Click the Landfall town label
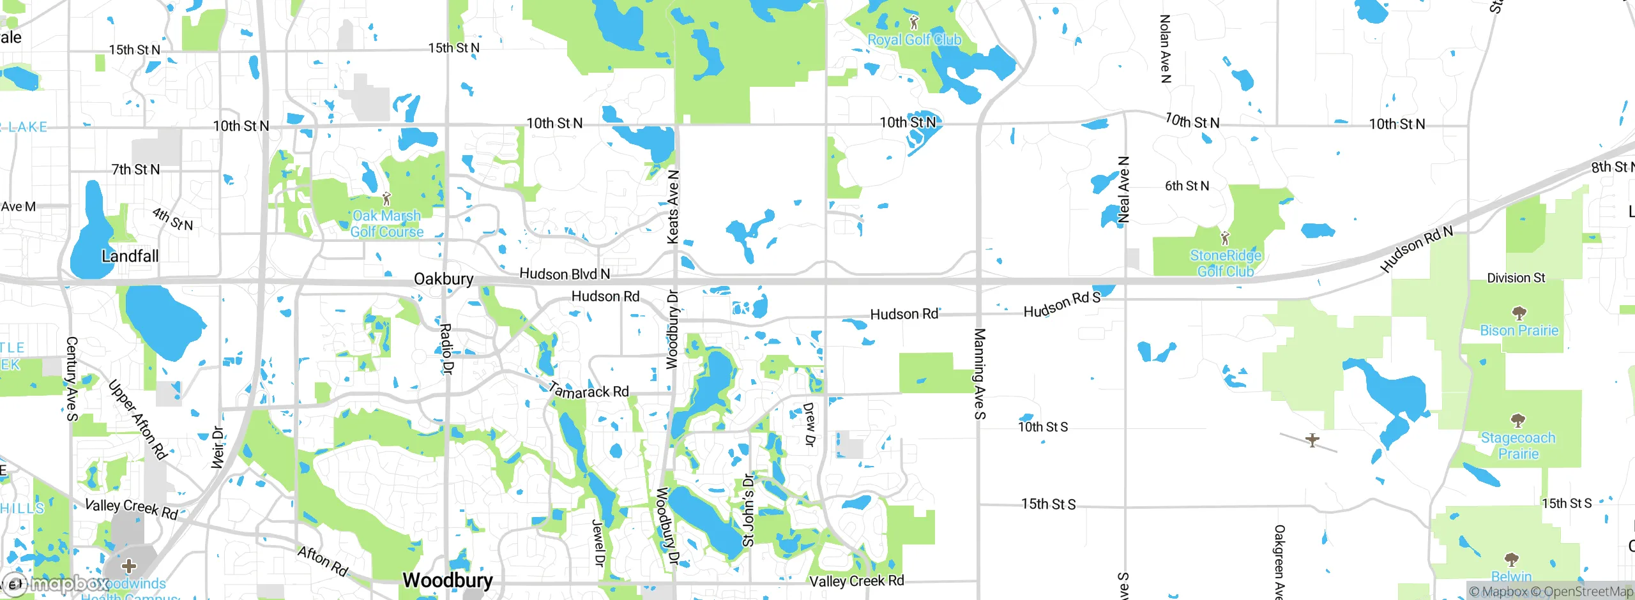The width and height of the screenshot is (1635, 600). click(130, 256)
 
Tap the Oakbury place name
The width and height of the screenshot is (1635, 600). click(443, 279)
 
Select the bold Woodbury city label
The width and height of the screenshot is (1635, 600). click(448, 580)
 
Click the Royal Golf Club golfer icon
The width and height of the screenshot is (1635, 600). click(914, 22)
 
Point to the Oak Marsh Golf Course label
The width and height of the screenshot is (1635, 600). click(386, 224)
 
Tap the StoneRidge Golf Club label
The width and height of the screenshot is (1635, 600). click(1225, 263)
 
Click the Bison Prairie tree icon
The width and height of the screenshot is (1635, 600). click(1519, 313)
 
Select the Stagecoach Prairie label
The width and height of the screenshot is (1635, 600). click(1518, 446)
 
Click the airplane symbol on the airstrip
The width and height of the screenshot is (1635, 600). click(1312, 440)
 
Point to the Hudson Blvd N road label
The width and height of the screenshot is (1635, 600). click(565, 274)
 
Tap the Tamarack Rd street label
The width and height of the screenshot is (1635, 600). click(588, 390)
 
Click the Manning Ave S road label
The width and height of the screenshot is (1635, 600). click(979, 373)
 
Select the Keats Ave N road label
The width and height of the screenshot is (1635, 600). click(673, 207)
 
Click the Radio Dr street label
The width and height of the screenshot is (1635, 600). click(446, 349)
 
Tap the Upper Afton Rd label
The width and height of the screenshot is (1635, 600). click(137, 419)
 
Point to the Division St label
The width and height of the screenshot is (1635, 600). click(1516, 278)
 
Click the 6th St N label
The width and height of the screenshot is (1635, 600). click(1187, 186)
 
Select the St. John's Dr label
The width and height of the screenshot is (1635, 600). click(749, 510)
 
